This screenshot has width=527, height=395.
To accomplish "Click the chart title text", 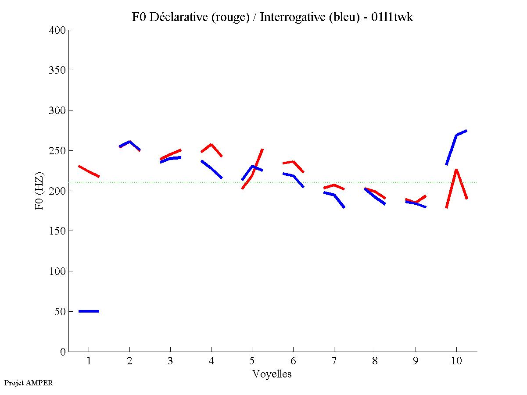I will (272, 17).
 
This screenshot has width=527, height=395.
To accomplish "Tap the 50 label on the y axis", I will (61, 312).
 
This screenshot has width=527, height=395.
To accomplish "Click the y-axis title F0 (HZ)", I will (39, 191).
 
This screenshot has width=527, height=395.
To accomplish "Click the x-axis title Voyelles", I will (272, 374).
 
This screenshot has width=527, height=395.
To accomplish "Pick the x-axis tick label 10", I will (456, 361).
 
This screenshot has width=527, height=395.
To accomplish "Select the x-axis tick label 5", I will (252, 361).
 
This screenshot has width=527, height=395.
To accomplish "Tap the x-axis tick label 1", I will (89, 361).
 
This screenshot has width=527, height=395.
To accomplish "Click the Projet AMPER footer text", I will (29, 383).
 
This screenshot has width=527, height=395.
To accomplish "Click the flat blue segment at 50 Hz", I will (89, 311).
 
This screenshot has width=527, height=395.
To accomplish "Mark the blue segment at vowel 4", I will (211, 168).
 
